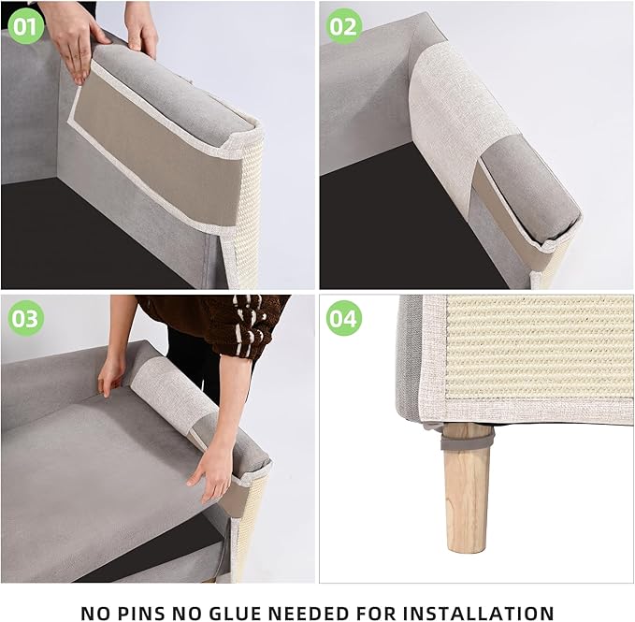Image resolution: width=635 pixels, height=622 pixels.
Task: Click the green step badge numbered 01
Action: tap(25, 26)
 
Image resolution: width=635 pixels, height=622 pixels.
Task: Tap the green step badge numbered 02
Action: tap(343, 26)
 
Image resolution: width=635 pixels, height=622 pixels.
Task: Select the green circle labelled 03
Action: tap(25, 319)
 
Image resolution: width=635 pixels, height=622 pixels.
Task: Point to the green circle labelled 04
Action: tap(343, 319)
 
